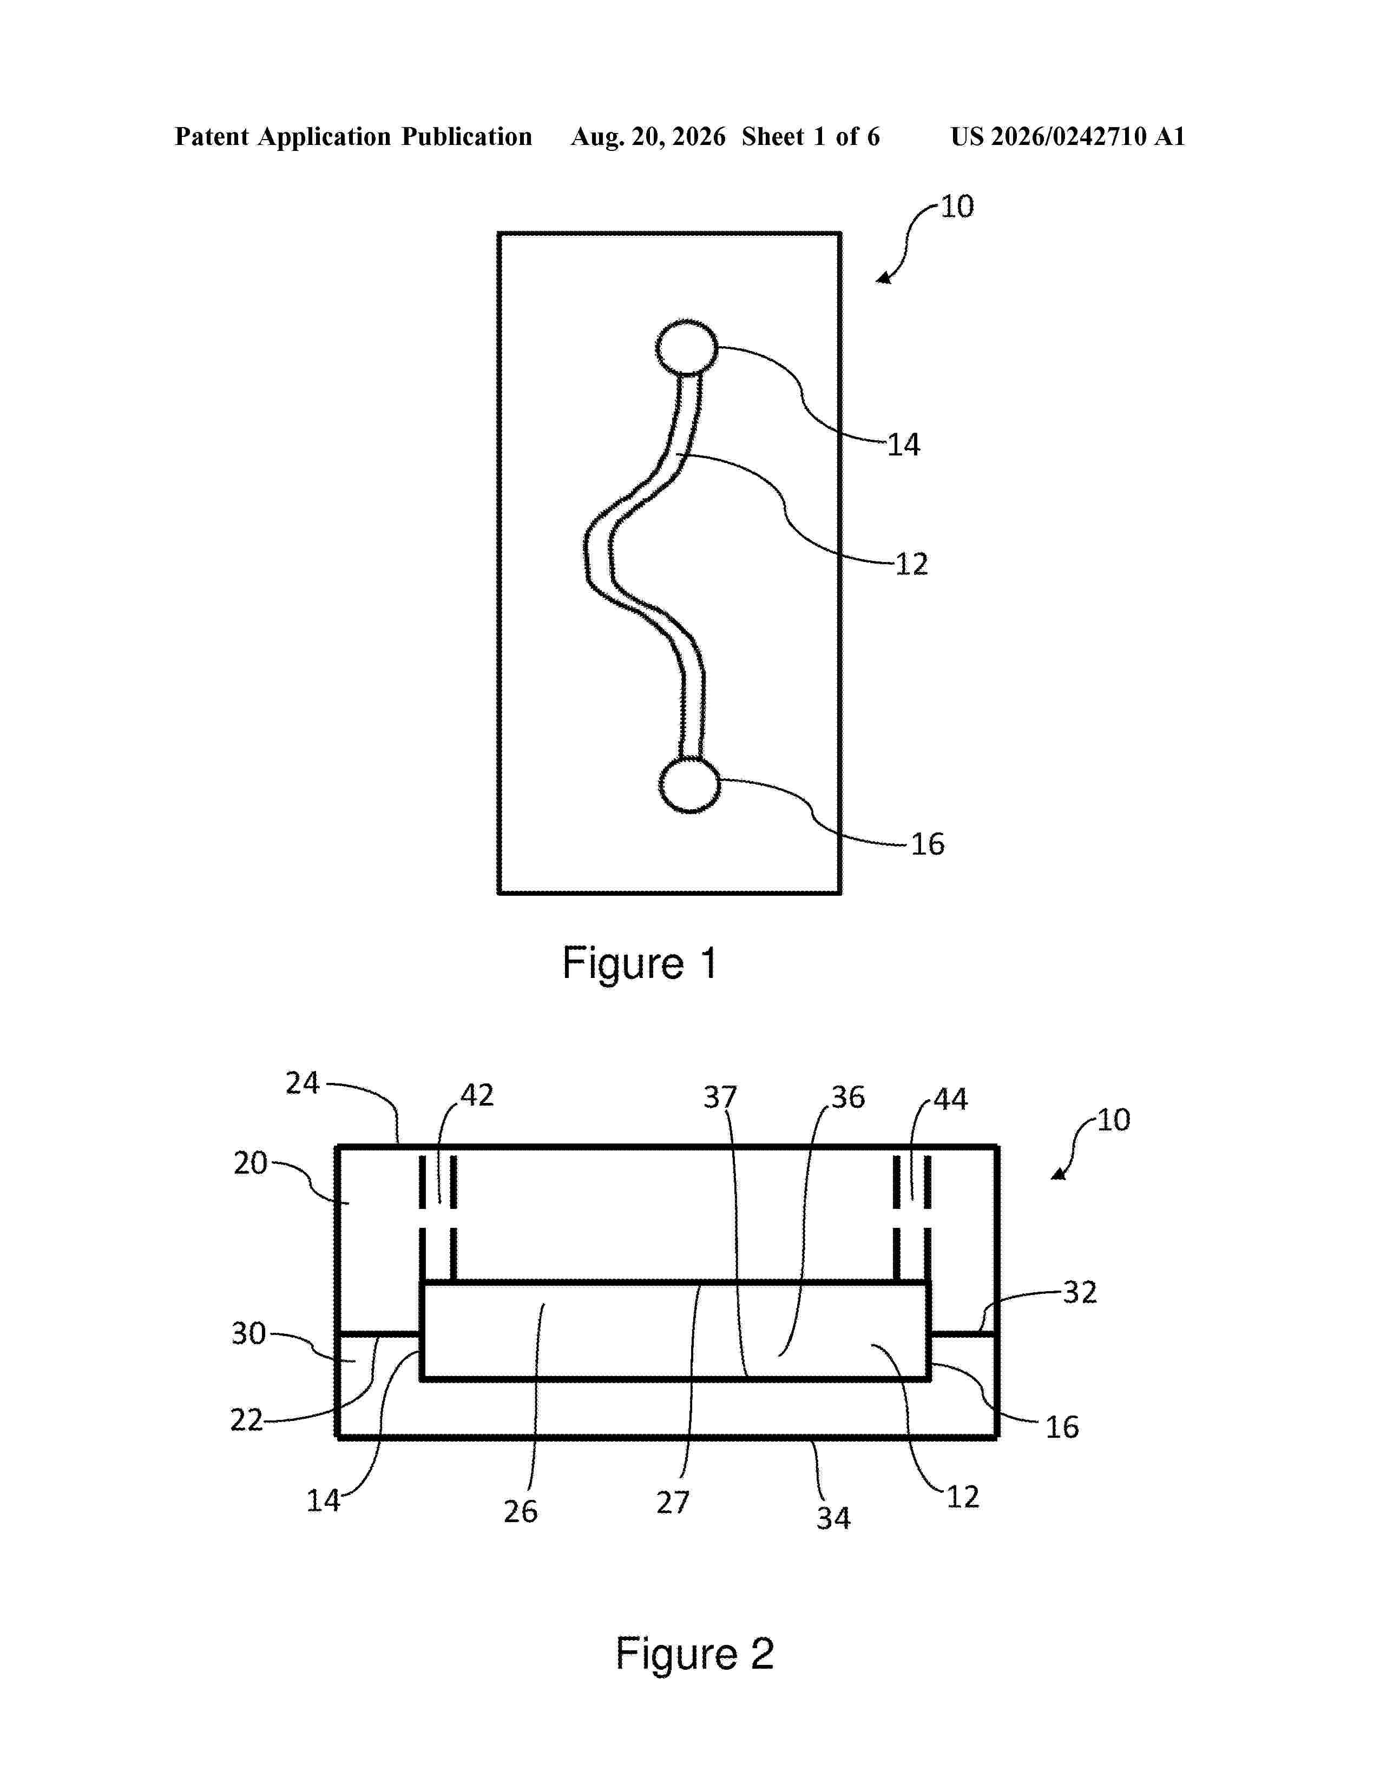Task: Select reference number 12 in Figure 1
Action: pyautogui.click(x=911, y=564)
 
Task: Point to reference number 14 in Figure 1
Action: pyautogui.click(x=904, y=445)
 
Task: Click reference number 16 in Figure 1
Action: pyautogui.click(x=928, y=844)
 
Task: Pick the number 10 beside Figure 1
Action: pyautogui.click(x=957, y=207)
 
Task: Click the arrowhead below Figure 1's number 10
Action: pyautogui.click(x=884, y=278)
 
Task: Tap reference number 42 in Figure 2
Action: pyautogui.click(x=477, y=1095)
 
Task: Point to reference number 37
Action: pyautogui.click(x=720, y=1097)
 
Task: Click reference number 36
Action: pyautogui.click(x=848, y=1097)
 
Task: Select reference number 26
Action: pyautogui.click(x=521, y=1511)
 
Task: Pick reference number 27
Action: pyautogui.click(x=673, y=1502)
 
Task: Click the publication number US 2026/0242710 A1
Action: pyautogui.click(x=1068, y=136)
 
